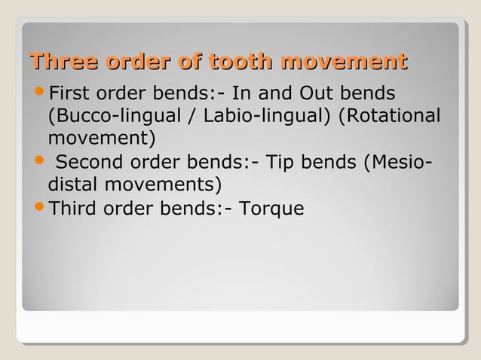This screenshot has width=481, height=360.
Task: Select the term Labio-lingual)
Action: [x=240, y=117]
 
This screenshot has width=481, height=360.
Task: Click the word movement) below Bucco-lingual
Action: [x=102, y=139]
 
